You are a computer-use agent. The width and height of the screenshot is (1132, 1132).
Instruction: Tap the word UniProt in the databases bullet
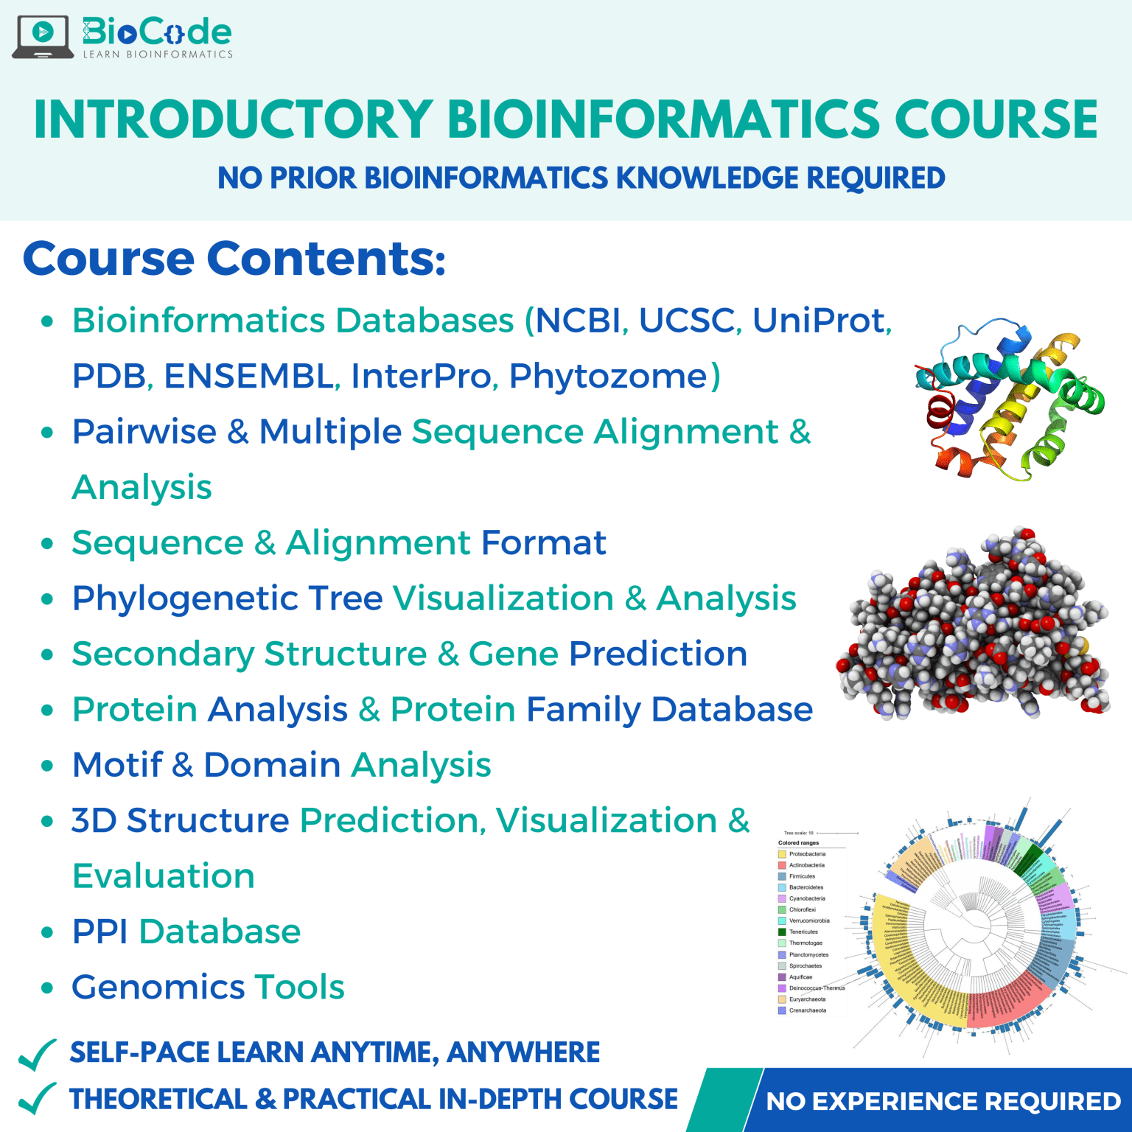821,321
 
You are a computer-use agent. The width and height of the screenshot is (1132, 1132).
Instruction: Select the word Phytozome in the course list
609,376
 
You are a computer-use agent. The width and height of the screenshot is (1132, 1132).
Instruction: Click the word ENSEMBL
249,376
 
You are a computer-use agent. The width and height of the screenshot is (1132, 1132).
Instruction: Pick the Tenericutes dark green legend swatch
782,932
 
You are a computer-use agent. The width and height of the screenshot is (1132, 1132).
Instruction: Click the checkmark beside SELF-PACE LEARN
37,1055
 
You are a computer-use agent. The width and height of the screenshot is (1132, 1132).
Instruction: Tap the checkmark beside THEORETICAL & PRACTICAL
37,1099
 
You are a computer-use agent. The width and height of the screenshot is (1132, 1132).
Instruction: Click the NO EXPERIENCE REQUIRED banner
943,1101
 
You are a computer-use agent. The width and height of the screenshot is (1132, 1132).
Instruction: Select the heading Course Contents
234,259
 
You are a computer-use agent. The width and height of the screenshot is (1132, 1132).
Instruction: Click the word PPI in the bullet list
100,932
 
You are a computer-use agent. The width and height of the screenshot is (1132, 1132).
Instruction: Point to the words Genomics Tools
208,987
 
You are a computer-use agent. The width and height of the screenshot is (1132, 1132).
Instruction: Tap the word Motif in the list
117,765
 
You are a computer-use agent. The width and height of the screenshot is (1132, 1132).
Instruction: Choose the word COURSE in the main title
996,119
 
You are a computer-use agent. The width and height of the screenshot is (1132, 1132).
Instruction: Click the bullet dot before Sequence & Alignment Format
47,544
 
